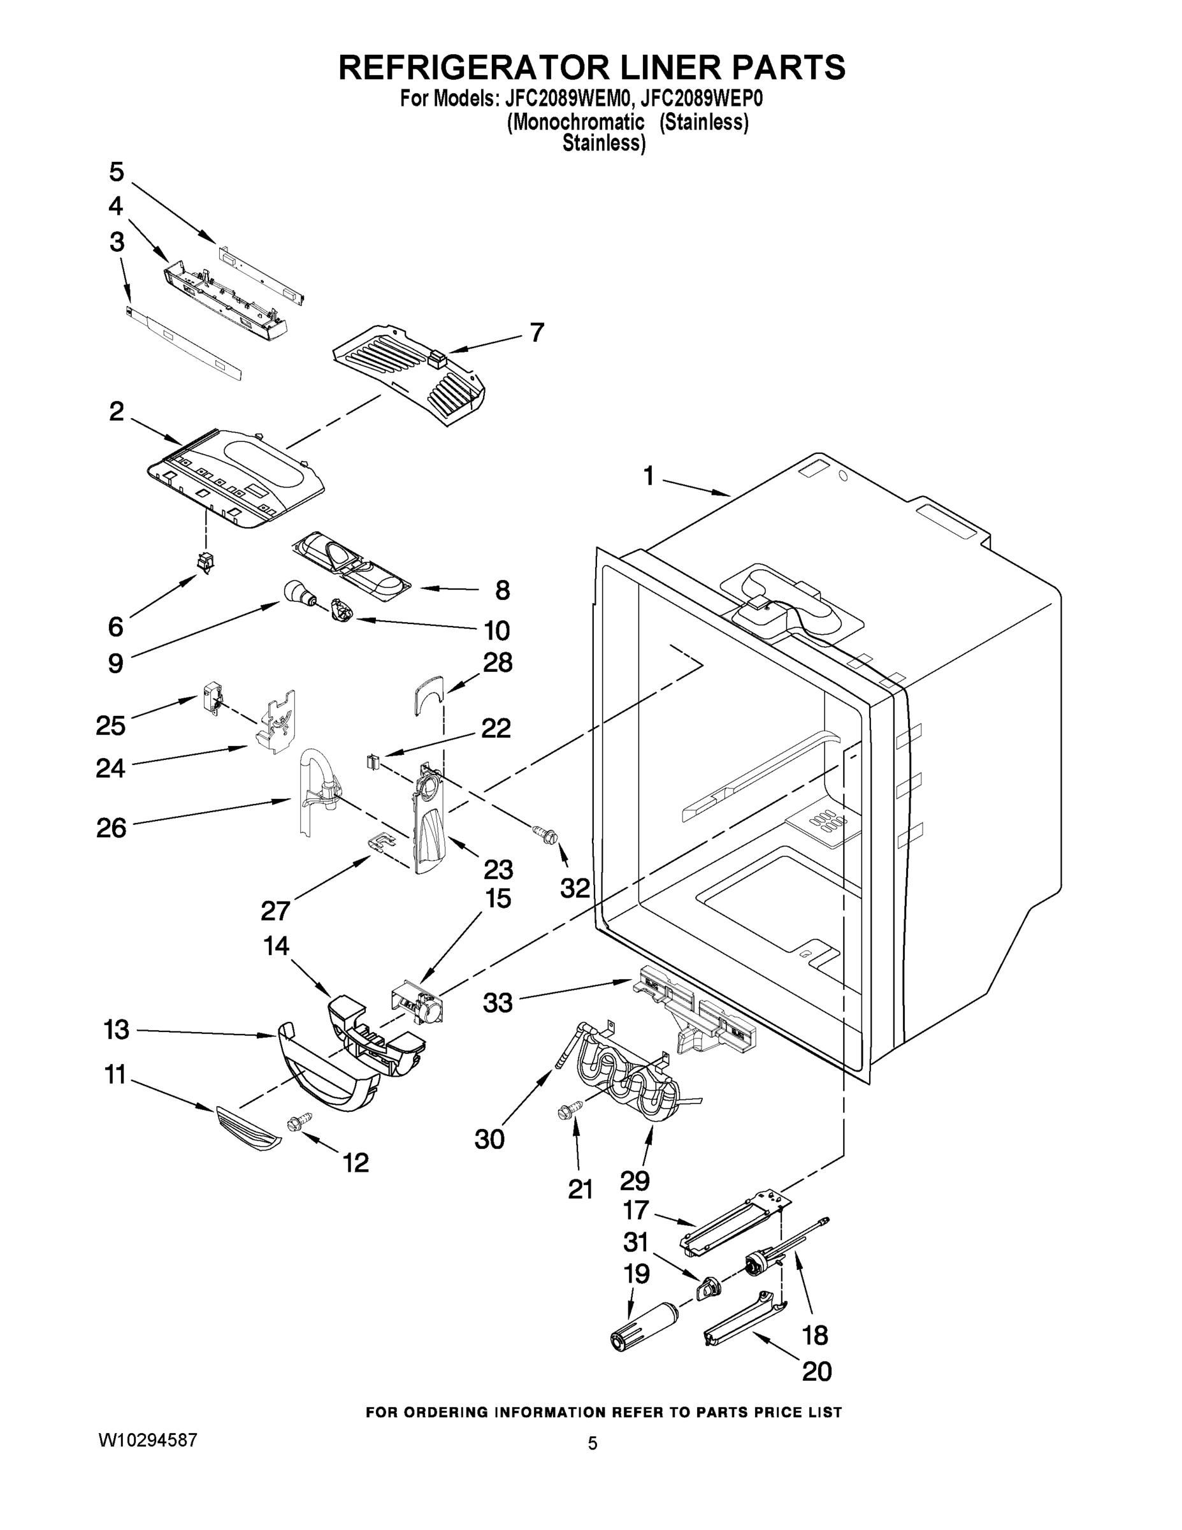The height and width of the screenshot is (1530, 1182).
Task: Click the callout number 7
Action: [x=537, y=332]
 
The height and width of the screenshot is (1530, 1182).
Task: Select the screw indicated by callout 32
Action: [x=546, y=834]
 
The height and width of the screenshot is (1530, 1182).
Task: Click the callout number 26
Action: [x=112, y=828]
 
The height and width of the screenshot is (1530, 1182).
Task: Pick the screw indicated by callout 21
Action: [x=569, y=1111]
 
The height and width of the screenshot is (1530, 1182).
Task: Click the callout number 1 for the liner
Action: [x=649, y=476]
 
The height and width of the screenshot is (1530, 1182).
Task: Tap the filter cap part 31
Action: [x=709, y=1285]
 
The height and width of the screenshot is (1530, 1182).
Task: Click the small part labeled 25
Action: [x=212, y=698]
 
